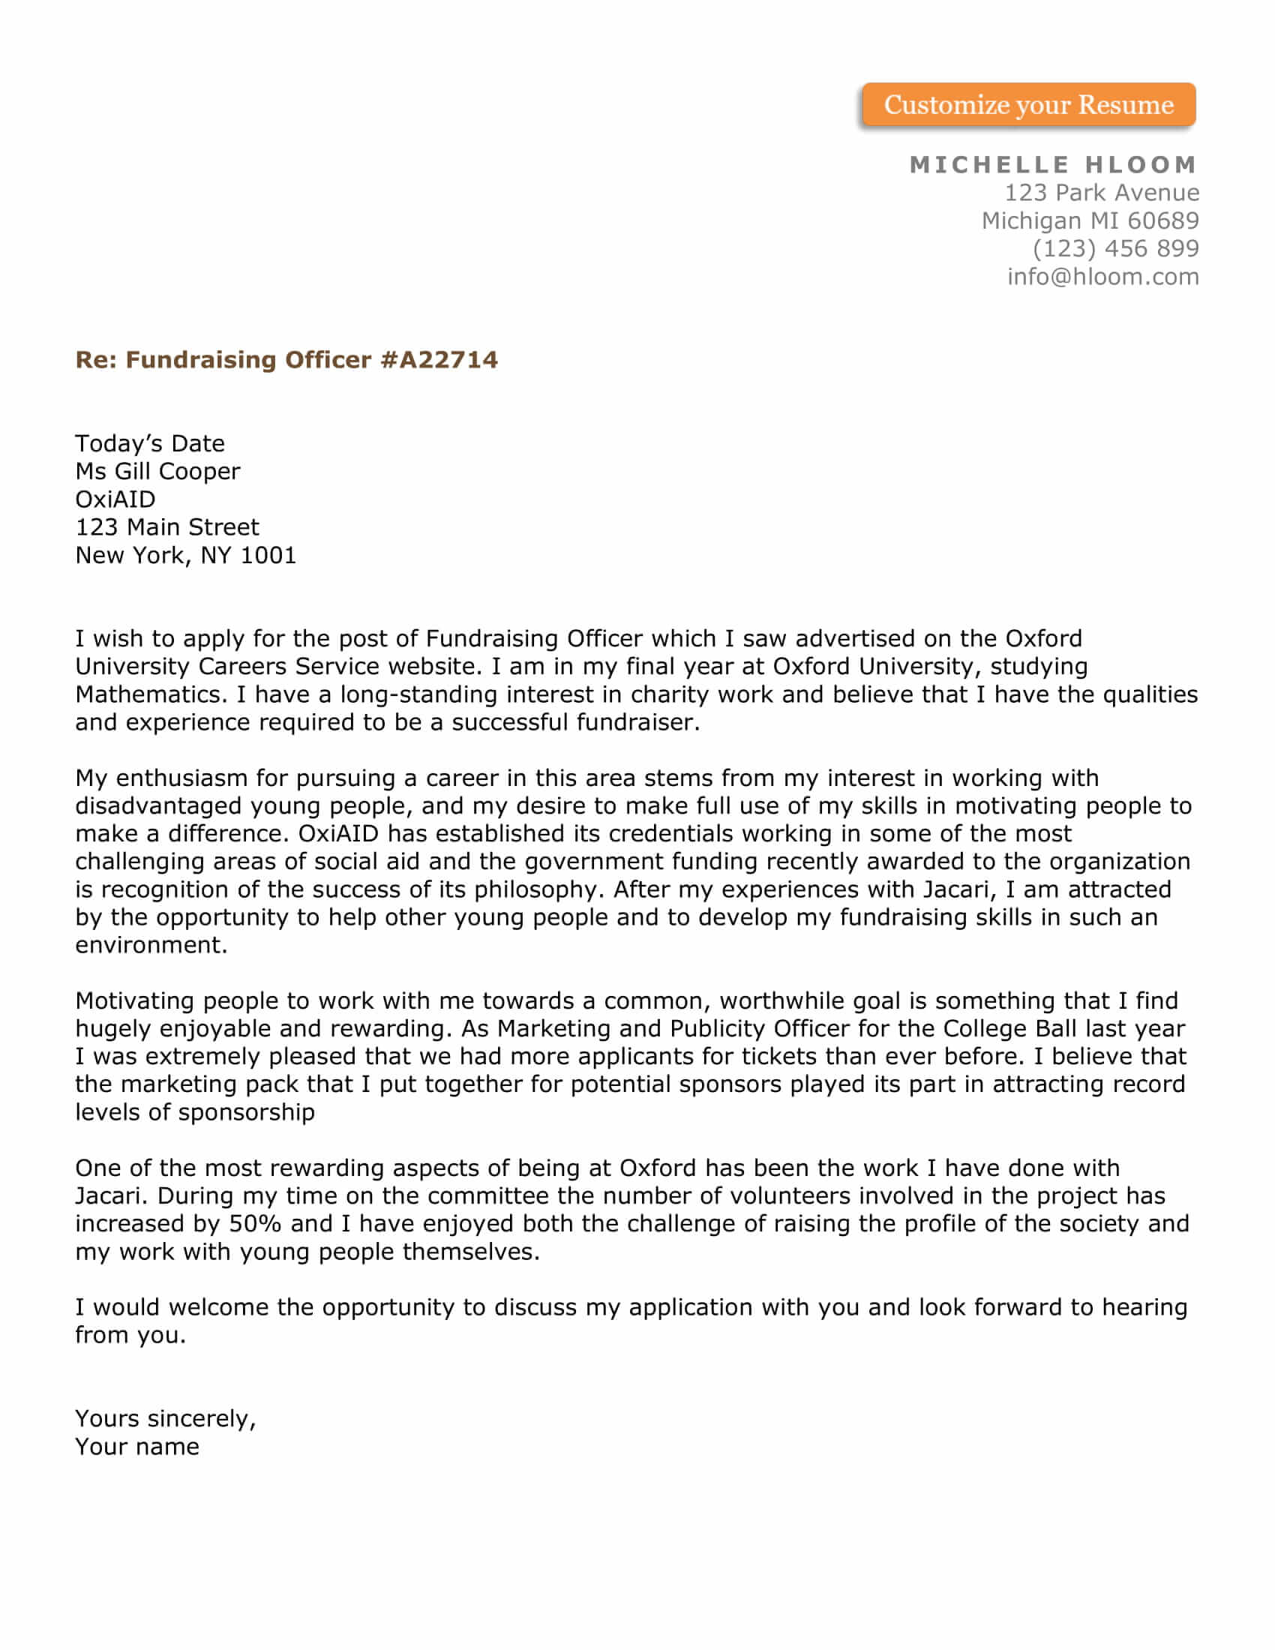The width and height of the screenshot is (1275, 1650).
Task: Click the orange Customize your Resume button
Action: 1028,105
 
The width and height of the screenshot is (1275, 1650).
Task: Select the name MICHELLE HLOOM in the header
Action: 1054,165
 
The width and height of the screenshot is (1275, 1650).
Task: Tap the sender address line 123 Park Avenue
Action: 1101,193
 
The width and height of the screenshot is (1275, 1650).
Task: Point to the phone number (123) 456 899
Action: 1116,248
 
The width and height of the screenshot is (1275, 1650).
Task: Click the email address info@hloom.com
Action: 1102,277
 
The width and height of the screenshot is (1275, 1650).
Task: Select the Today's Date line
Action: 149,443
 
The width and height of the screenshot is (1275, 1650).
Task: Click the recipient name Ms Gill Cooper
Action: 157,472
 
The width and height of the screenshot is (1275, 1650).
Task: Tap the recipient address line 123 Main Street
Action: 167,527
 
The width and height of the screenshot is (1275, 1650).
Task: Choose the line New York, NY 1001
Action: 185,555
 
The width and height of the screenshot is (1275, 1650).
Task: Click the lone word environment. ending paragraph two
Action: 151,945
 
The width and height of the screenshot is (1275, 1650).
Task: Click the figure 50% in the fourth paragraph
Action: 254,1223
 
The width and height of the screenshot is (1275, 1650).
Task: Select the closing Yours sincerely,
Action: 166,1419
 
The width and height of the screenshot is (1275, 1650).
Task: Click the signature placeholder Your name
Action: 136,1447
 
